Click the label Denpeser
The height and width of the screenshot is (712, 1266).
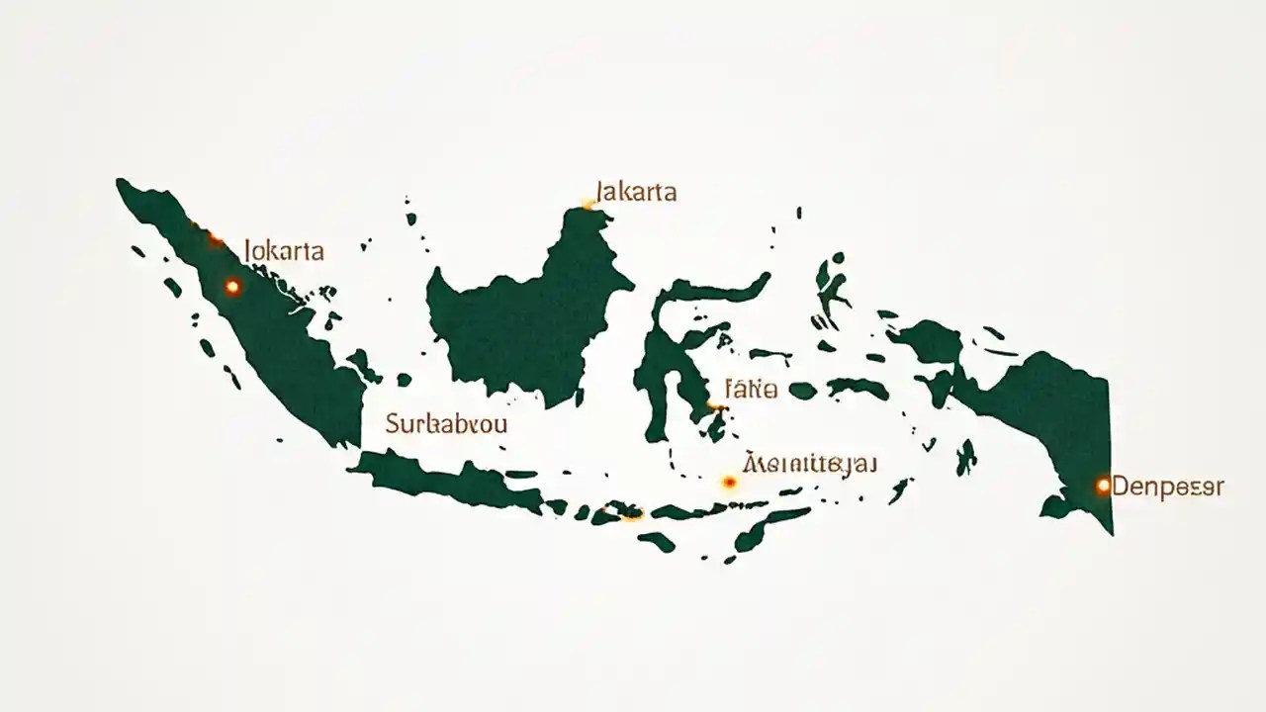1168,487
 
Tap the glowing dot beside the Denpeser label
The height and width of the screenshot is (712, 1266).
1103,486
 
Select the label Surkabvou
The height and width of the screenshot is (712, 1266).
446,426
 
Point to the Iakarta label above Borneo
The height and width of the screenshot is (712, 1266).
637,192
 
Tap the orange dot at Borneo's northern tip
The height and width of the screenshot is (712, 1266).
588,205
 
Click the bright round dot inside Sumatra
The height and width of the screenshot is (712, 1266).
232,287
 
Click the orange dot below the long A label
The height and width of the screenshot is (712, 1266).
730,483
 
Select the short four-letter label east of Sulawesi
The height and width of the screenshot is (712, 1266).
751,389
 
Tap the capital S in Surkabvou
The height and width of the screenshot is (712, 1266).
393,426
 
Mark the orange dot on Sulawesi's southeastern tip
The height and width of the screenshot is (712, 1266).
713,406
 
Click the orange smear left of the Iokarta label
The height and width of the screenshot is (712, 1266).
215,238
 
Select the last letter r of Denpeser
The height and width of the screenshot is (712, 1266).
1219,487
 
